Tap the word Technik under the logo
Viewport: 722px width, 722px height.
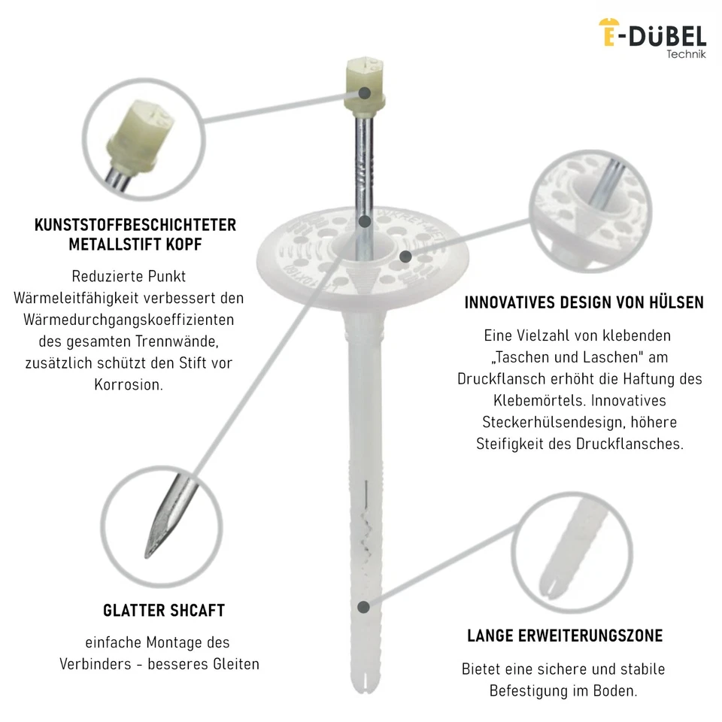(x=686, y=55)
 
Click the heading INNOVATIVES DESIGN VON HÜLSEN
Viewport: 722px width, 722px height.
(x=584, y=302)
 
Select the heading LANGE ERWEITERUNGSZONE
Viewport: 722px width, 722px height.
(x=565, y=636)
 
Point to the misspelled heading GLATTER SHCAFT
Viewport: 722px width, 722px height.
(x=164, y=610)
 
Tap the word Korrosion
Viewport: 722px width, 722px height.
(x=129, y=384)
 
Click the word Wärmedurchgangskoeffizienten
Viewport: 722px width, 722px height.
(x=129, y=319)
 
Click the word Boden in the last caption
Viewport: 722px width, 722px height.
(x=616, y=690)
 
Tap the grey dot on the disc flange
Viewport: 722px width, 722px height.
(x=405, y=256)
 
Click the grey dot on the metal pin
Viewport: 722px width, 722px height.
(x=365, y=221)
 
